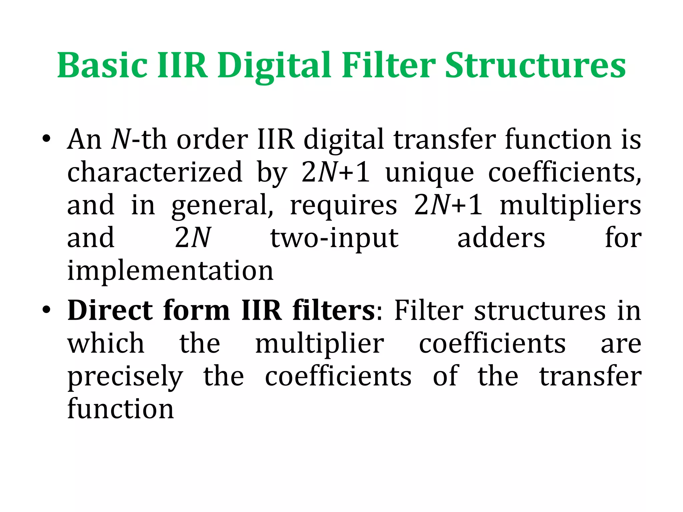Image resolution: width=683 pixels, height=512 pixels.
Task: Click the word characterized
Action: coord(155,172)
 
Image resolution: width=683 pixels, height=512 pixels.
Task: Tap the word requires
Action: coord(344,206)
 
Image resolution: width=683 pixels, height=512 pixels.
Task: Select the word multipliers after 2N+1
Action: coord(570,206)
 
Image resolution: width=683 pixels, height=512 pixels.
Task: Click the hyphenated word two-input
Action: coord(334,239)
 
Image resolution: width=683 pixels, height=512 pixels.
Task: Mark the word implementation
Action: coord(170,271)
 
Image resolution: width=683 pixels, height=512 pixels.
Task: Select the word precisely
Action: coord(125,377)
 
